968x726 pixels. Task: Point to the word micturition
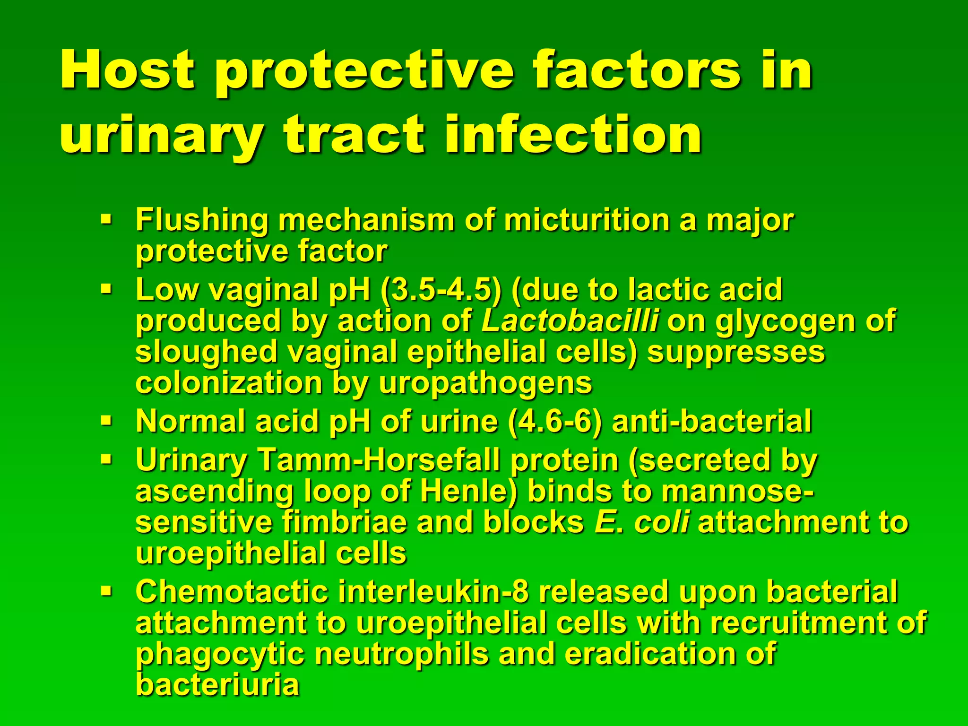coord(587,220)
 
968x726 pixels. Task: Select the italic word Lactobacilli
coord(570,321)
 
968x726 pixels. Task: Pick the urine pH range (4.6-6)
coord(555,421)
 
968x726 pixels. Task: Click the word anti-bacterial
coord(711,421)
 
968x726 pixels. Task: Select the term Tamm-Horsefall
coord(379,460)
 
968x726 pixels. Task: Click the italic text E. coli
coord(641,522)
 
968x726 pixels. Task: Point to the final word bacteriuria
coord(217,685)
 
